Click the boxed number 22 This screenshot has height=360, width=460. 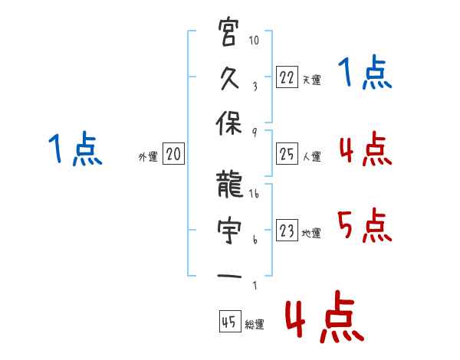pos(287,77)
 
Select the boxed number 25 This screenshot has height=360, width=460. pos(287,155)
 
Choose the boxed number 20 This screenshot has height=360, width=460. pos(173,155)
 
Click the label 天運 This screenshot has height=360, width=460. pos(311,79)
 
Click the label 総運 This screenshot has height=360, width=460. pos(255,325)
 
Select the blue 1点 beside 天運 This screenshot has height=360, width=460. pos(363,74)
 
